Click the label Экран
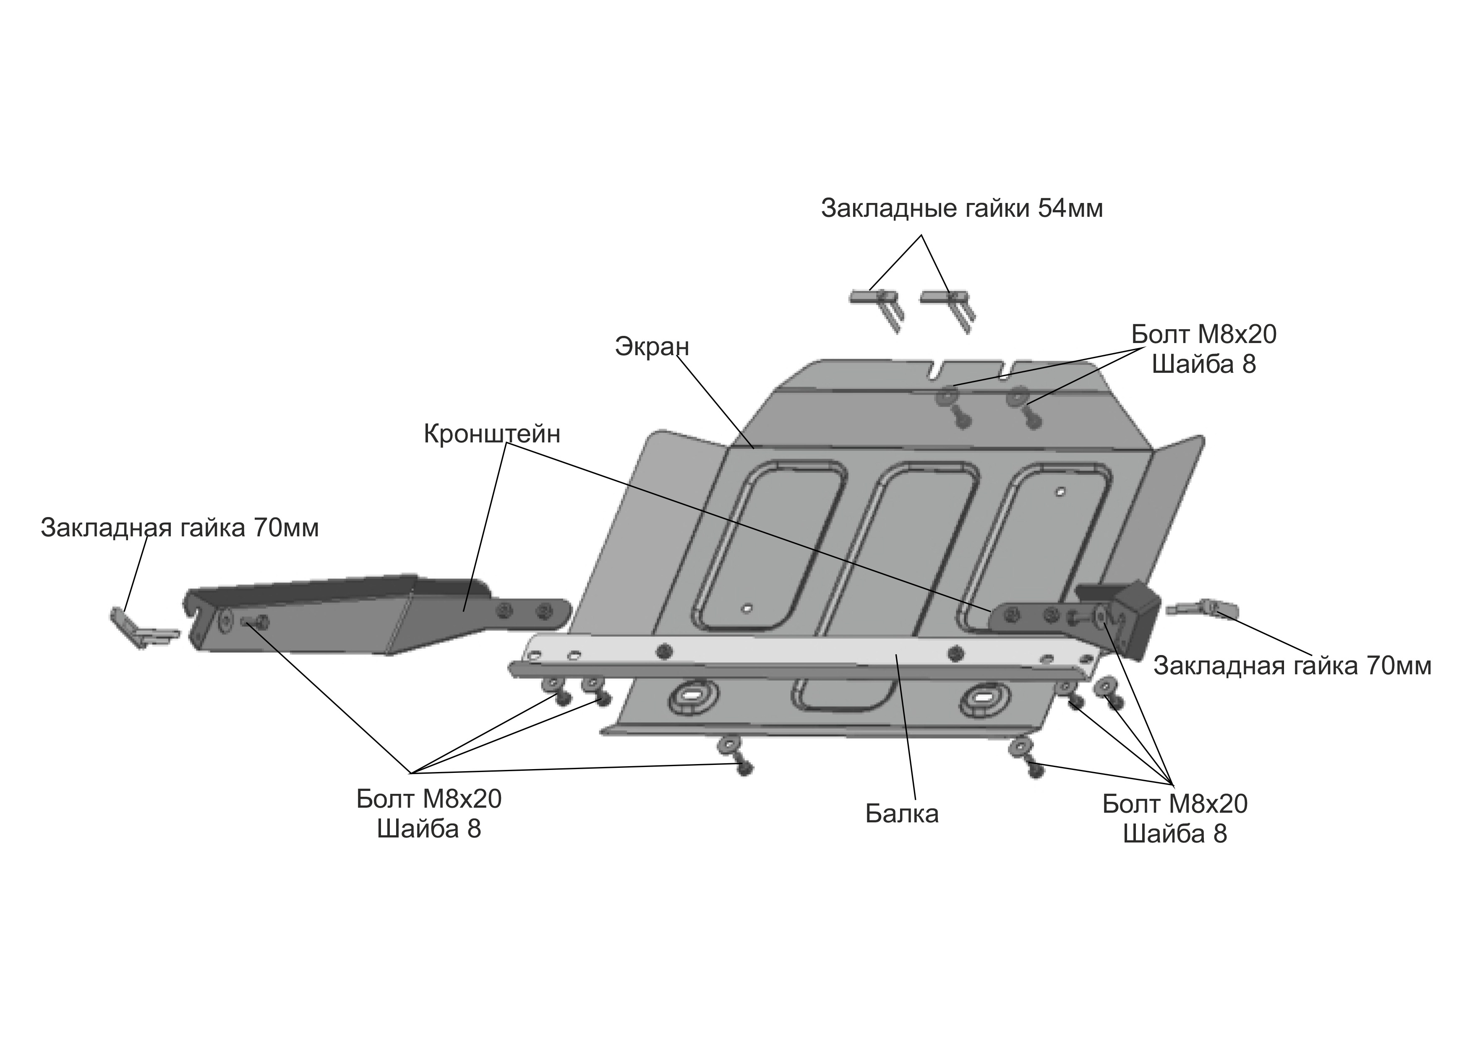point(652,347)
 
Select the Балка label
point(902,814)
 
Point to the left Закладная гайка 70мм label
point(180,528)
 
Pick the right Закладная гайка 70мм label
point(1292,666)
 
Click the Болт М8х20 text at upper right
point(1203,335)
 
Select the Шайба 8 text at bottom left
point(429,829)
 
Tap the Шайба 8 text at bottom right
point(1175,834)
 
